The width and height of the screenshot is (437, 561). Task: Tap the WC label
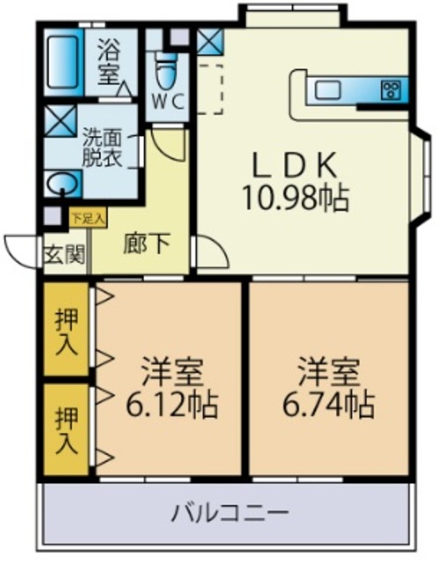pos(168,101)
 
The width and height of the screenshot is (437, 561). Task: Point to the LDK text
pos(295,166)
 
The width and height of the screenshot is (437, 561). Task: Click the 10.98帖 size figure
pos(296,198)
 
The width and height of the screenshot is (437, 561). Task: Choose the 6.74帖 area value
pos(328,406)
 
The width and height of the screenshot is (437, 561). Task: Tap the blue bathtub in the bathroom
pos(61,59)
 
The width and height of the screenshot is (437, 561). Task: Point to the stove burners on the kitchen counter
pos(390,89)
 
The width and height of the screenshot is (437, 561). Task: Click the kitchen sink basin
pos(331,89)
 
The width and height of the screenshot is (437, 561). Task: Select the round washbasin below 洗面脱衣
pos(61,184)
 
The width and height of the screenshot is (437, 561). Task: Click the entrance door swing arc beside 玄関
pos(19,250)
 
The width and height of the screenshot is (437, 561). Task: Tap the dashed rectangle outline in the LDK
pos(211,88)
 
